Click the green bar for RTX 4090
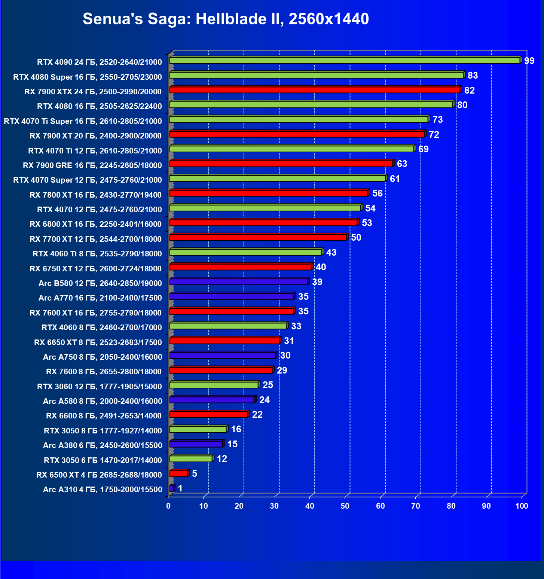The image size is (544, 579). [x=344, y=60]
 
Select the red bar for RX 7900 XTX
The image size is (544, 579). [x=314, y=90]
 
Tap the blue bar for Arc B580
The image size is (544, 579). [x=238, y=281]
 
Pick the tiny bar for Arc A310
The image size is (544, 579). [x=171, y=488]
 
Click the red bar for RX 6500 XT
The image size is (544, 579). [x=178, y=473]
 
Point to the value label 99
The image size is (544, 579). [x=529, y=61]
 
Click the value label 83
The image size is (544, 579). [x=473, y=75]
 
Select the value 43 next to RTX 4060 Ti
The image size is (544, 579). [x=331, y=252]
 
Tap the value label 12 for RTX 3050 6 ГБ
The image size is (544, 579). [x=222, y=458]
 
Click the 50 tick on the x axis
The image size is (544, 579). [x=345, y=506]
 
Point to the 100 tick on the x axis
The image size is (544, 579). [x=522, y=506]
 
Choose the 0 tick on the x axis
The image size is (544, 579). [x=168, y=506]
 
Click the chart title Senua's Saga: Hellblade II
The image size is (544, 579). [x=226, y=19]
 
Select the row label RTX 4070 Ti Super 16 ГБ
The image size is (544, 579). [x=83, y=121]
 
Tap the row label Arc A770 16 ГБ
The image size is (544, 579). [x=100, y=298]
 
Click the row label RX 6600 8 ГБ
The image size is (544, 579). [x=104, y=416]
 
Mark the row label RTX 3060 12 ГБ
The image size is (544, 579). [x=99, y=386]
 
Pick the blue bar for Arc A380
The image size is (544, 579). [x=196, y=444]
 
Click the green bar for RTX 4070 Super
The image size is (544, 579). [x=277, y=178]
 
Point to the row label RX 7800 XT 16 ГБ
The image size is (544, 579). [x=95, y=195]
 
